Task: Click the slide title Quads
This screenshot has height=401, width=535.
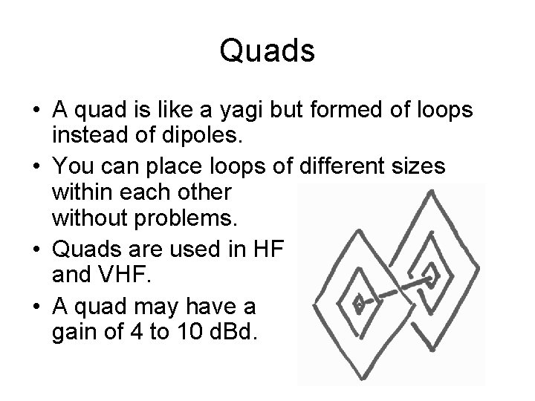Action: click(x=267, y=51)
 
